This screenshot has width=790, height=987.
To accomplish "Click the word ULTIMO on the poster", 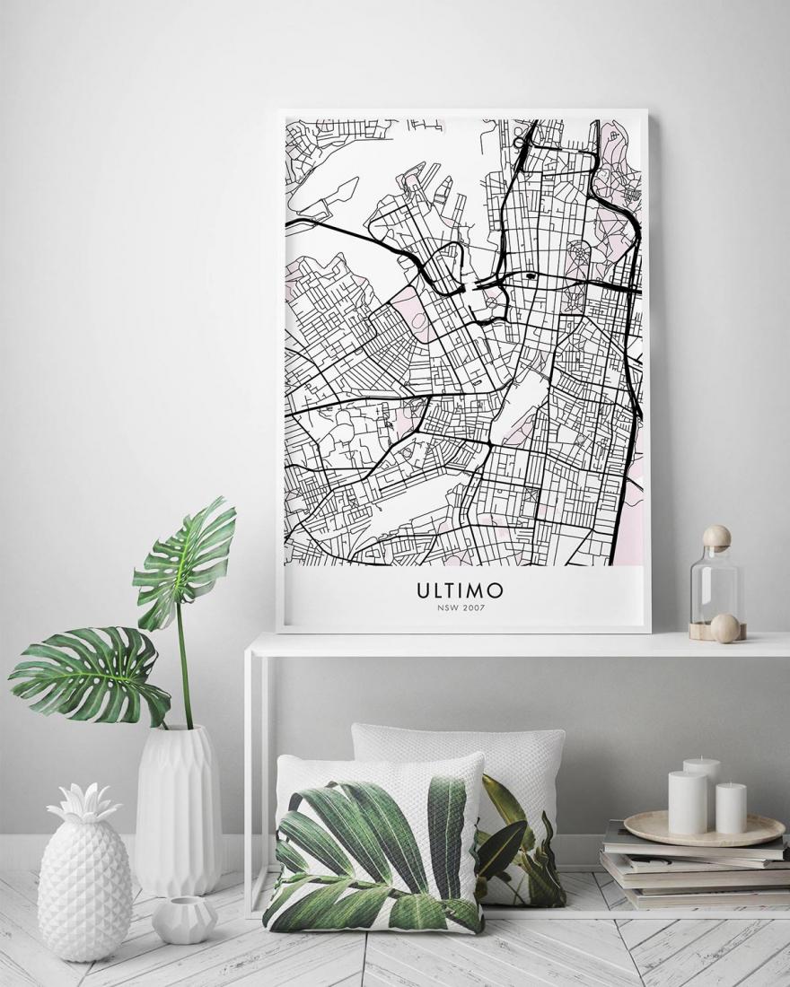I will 460,591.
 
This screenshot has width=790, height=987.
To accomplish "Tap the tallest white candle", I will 701,790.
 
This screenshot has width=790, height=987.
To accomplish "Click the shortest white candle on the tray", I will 731,808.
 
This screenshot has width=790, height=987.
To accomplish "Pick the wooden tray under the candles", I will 704,830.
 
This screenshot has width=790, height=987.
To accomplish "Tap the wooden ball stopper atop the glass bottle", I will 716,537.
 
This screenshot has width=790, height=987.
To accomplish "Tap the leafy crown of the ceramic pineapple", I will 84,805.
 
